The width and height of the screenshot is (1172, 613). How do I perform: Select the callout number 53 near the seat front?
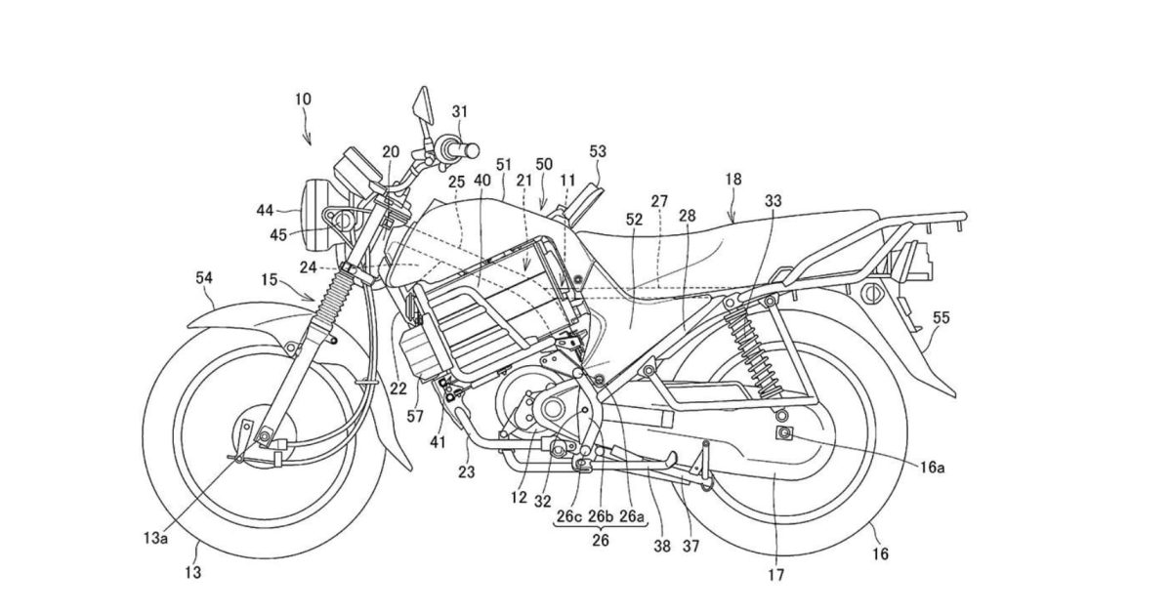coord(598,151)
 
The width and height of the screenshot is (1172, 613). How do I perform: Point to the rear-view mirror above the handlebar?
coord(421,103)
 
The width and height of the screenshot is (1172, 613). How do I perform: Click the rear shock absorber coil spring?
coord(753,347)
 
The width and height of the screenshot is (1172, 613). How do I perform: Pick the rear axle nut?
coord(782,432)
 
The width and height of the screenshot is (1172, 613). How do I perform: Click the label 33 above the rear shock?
coord(774,200)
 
